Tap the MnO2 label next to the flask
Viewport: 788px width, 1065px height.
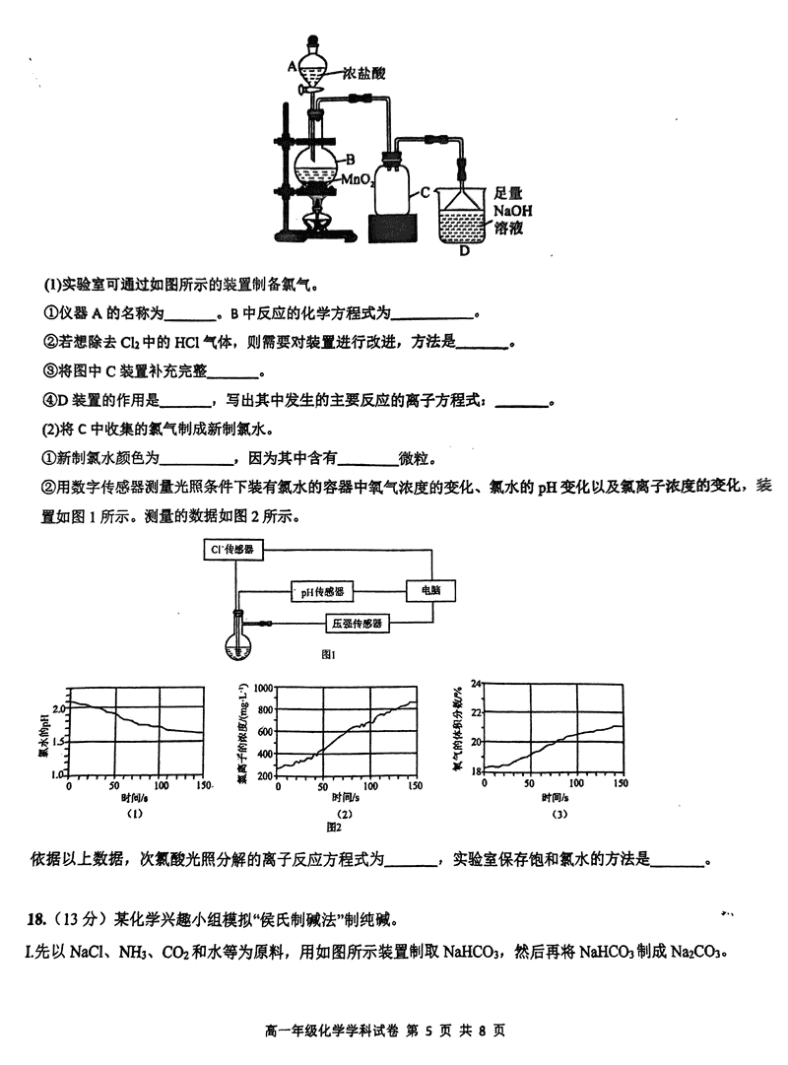pos(360,180)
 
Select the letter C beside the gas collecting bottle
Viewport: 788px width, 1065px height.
pos(426,193)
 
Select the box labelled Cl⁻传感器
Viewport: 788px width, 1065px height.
pos(233,550)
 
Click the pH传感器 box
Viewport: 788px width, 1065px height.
pos(323,591)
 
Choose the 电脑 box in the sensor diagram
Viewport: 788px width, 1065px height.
pos(431,590)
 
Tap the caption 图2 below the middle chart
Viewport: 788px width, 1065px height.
pos(333,826)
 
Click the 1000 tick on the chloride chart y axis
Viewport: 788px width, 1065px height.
pos(260,686)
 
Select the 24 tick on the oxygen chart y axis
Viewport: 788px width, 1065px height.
pos(477,683)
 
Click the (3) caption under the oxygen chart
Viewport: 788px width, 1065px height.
pos(558,814)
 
